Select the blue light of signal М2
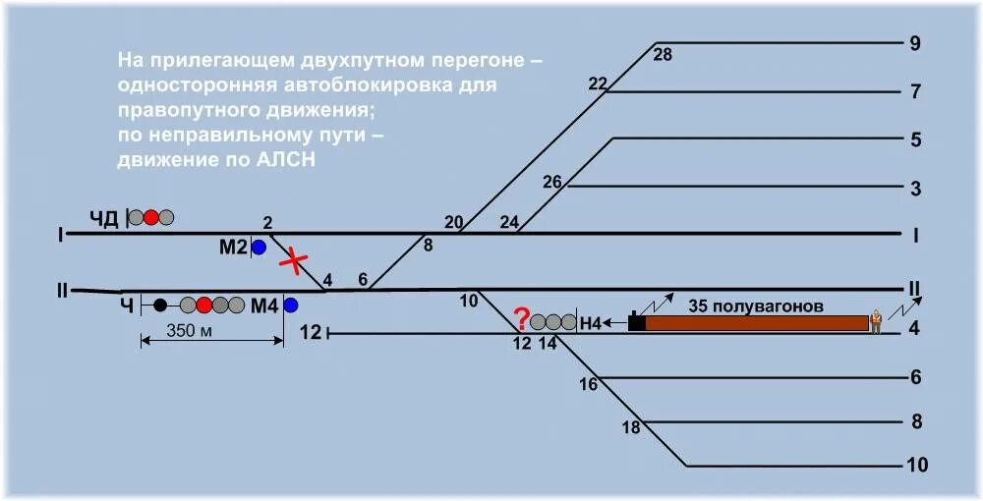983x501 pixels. [x=259, y=248]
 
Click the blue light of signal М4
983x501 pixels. [x=290, y=306]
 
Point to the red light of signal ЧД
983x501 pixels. [x=150, y=217]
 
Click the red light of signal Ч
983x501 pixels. [x=204, y=306]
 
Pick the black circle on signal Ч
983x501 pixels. [x=160, y=306]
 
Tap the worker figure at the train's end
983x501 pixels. [x=875, y=321]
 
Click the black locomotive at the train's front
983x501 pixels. [x=637, y=321]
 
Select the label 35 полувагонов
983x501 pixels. [x=756, y=306]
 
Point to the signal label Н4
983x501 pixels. [x=590, y=321]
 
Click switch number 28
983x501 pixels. [x=663, y=55]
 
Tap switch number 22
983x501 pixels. [x=598, y=83]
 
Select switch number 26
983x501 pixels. [x=552, y=182]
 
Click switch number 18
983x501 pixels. [x=631, y=427]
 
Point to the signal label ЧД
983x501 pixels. [x=104, y=218]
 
